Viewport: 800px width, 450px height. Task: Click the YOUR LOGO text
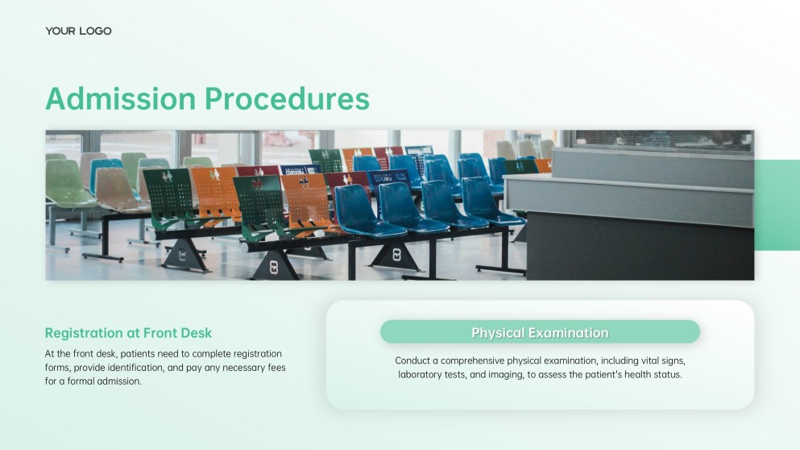click(x=78, y=31)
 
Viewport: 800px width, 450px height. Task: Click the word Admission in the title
click(x=120, y=98)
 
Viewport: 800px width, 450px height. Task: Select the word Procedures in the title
click(x=288, y=98)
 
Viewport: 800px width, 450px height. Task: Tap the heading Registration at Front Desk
click(x=128, y=333)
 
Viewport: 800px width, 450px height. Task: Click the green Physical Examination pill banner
click(x=540, y=332)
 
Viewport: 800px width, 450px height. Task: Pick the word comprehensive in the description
click(x=472, y=361)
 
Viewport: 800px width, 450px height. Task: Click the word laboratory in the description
click(x=420, y=374)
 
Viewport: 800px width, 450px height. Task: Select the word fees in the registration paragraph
click(x=276, y=367)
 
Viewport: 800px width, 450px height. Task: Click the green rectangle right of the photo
click(x=777, y=205)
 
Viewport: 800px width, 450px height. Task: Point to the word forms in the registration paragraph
click(x=56, y=367)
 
